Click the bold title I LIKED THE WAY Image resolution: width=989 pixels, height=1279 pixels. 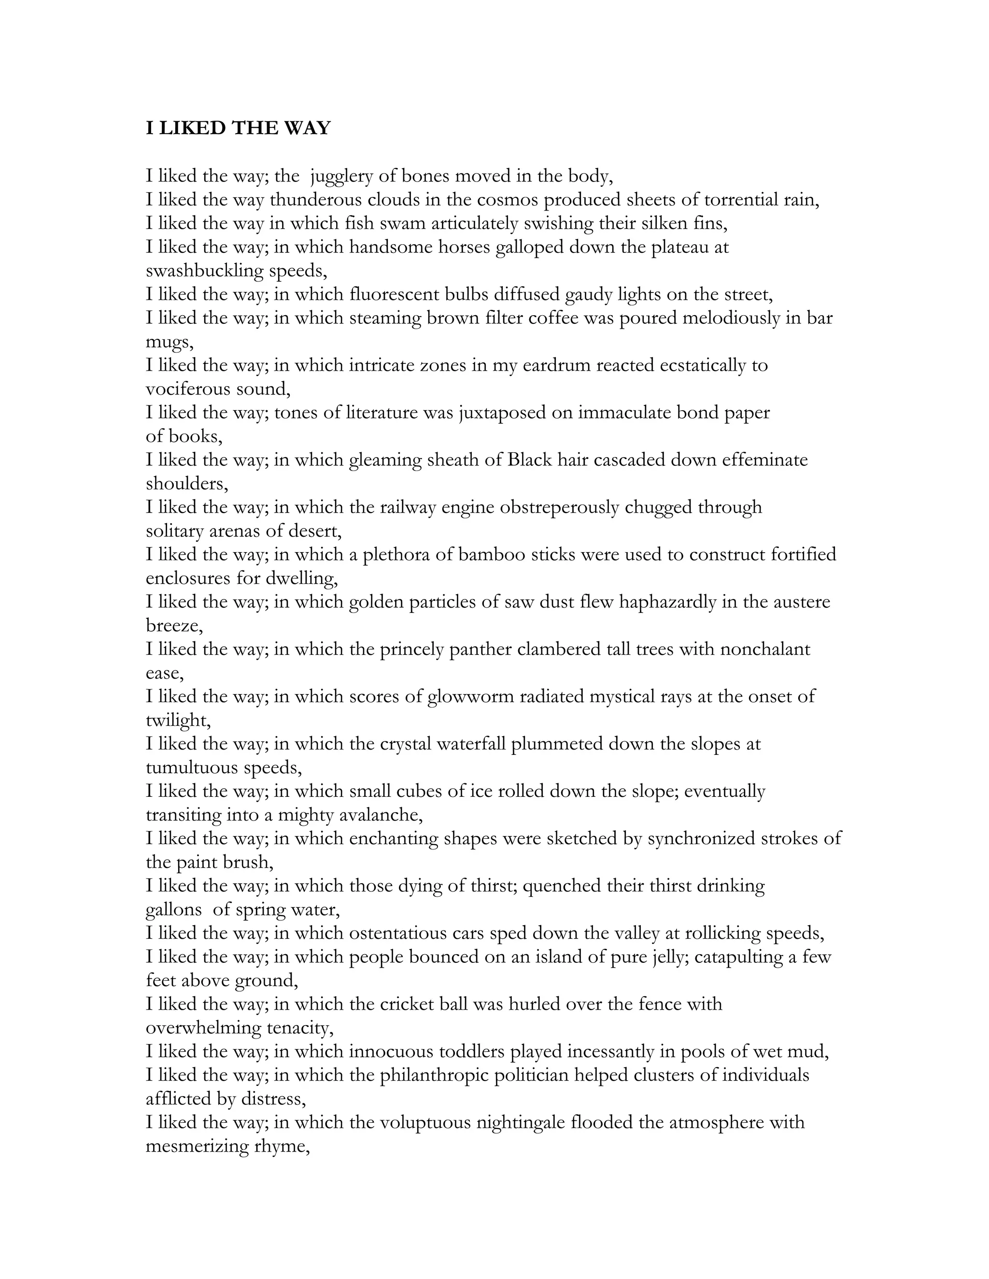coord(238,128)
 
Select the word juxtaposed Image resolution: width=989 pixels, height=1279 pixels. coord(501,413)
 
